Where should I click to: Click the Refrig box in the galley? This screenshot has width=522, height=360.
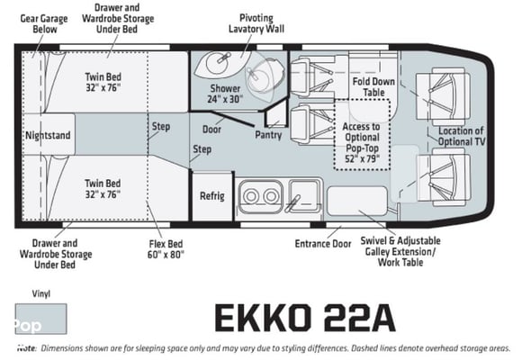click(x=212, y=196)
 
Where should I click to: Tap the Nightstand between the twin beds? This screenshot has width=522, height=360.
click(x=49, y=134)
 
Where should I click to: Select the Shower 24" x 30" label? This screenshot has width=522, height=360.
click(x=225, y=94)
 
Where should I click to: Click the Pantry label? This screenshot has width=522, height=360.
click(x=268, y=135)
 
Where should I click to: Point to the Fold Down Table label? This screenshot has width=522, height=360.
click(x=373, y=86)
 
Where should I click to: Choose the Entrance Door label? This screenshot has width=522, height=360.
click(x=323, y=244)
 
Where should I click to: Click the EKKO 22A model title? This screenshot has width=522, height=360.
click(x=305, y=318)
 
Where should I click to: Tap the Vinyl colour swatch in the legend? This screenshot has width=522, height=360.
click(x=40, y=319)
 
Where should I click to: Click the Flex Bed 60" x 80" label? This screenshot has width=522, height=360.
click(x=166, y=249)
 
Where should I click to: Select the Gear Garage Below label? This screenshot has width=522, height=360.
click(x=44, y=23)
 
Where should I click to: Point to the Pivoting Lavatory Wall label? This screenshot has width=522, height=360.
click(x=256, y=23)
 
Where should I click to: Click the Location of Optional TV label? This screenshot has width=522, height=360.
click(x=462, y=136)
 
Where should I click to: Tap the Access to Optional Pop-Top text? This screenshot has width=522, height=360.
click(x=362, y=137)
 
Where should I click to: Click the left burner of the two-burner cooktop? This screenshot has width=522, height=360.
click(x=251, y=196)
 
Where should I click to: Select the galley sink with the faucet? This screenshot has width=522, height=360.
click(x=303, y=196)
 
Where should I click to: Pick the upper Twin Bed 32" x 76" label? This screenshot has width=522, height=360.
click(x=103, y=82)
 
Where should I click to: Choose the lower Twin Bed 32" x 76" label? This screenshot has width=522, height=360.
click(x=103, y=189)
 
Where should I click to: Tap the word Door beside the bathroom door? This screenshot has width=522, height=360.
click(x=211, y=130)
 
